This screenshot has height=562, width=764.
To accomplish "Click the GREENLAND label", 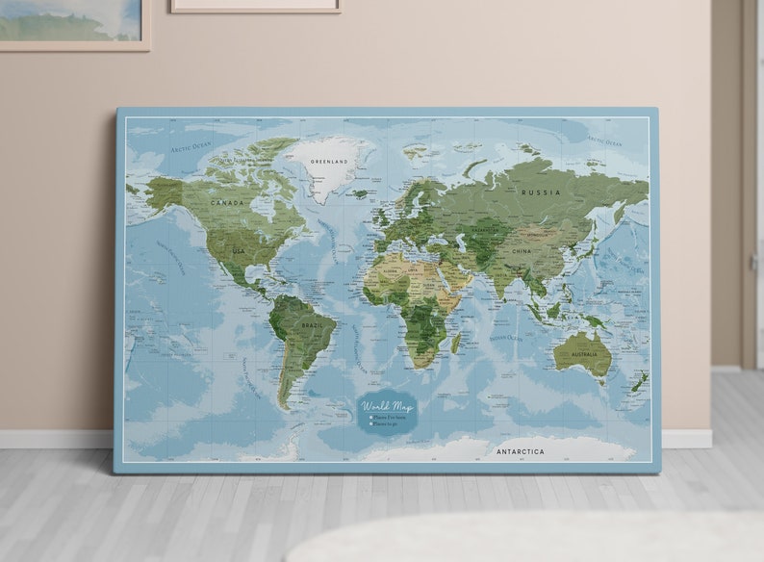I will tap(329, 162).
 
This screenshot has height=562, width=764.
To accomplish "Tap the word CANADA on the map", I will tap(227, 203).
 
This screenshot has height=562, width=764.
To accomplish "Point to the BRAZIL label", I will tap(312, 326).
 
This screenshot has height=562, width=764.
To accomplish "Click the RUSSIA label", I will tap(540, 192).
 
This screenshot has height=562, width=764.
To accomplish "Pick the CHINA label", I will tap(521, 251).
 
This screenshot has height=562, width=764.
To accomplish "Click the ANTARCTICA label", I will tap(520, 450).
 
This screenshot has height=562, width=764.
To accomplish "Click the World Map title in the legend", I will tap(387, 406).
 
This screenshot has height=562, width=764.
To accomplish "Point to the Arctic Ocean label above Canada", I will tap(191, 147).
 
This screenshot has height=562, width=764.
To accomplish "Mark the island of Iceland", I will tap(359, 193).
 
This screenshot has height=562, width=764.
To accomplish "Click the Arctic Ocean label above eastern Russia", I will tap(604, 141).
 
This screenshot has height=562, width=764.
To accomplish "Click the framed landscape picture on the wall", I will tap(72, 21).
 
